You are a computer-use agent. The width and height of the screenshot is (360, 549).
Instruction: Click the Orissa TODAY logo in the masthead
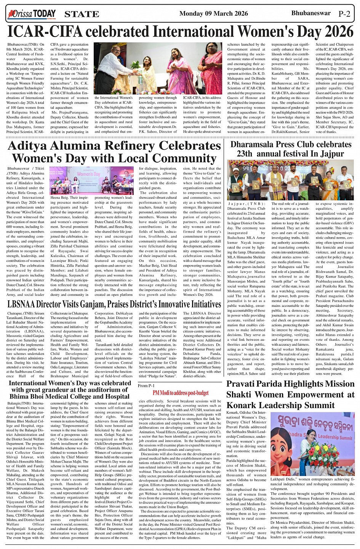point(32,14)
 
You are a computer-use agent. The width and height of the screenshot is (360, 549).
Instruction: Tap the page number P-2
point(344,14)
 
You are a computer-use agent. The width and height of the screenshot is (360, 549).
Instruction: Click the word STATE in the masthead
point(82,14)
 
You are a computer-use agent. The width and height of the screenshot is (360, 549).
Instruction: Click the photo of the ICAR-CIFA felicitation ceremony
point(158,69)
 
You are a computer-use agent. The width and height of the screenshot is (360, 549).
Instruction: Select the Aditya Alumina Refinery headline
point(114,152)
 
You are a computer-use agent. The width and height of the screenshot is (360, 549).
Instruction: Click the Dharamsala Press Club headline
point(291,149)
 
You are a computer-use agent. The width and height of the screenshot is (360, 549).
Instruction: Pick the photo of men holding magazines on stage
point(290,180)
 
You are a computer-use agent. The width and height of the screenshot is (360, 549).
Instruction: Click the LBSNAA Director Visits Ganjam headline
point(114,304)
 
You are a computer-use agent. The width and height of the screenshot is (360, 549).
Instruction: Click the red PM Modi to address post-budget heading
point(181,393)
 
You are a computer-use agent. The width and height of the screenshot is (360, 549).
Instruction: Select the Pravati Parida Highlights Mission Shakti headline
point(290,394)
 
